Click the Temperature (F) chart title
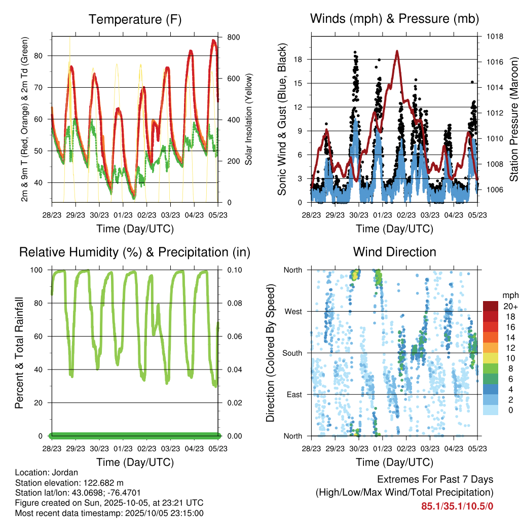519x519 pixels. tap(135, 19)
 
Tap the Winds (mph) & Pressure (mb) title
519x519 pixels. tap(394, 19)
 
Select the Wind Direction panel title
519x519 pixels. tap(394, 252)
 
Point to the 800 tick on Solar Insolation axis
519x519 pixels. tap(234, 38)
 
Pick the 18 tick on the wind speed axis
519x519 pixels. tap(299, 59)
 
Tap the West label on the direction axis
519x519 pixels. tap(293, 311)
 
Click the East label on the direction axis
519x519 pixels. tap(294, 394)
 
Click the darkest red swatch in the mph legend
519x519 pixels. tap(491, 306)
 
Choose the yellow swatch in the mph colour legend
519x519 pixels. tap(491, 358)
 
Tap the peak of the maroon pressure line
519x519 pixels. tap(397, 51)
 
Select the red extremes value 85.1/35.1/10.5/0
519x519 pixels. tap(457, 506)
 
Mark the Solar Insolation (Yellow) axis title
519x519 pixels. tap(249, 120)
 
